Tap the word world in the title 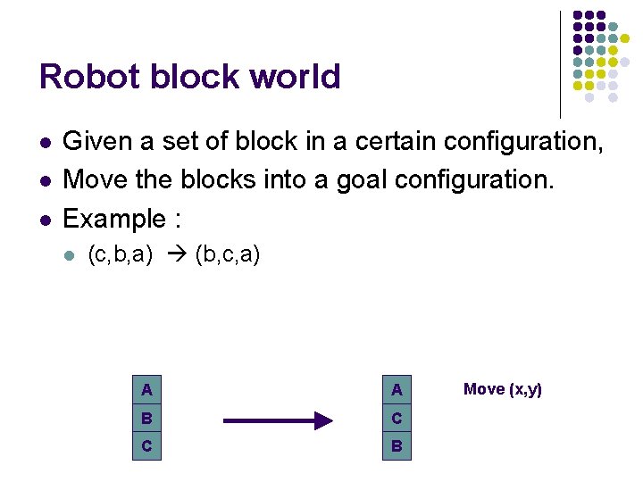[x=295, y=77]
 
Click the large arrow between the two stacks [x=277, y=420]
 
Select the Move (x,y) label [x=503, y=389]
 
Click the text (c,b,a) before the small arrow [x=121, y=256]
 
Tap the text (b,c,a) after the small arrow [x=227, y=256]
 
